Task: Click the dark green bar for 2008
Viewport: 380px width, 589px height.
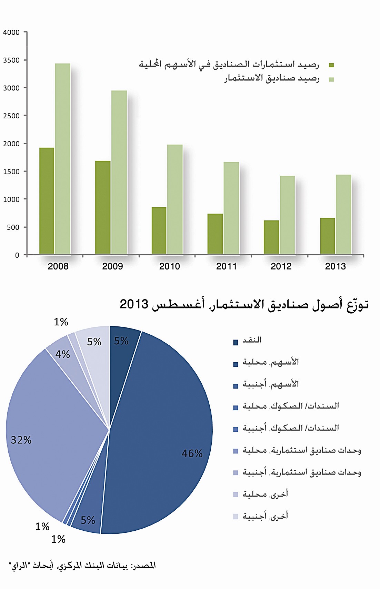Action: coord(47,201)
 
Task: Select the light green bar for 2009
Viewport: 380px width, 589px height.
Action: coord(119,173)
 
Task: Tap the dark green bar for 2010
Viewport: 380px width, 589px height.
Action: coord(159,231)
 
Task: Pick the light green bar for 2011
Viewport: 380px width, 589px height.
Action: coord(231,208)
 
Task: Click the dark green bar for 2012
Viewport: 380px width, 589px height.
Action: coord(271,237)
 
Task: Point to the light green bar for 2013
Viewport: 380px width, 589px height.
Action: coord(343,215)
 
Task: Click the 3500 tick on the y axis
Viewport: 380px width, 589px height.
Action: coord(11,60)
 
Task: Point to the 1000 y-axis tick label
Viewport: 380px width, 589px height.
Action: coord(11,199)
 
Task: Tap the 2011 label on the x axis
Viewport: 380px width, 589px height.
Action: coord(226,266)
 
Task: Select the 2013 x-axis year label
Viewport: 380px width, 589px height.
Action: coord(335,266)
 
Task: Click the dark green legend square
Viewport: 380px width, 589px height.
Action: coord(331,65)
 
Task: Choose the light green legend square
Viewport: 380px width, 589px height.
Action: coord(331,79)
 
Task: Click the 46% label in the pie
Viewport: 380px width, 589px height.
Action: coord(192,453)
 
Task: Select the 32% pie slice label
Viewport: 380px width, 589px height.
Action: coord(21,440)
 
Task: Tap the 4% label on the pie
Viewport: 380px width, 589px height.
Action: coord(62,354)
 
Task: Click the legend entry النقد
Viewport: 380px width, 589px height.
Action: coord(252,340)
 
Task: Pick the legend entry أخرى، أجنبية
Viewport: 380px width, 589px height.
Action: coord(265,516)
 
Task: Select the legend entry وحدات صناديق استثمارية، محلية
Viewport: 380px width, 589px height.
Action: coord(302,450)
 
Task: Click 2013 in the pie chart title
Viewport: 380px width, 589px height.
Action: coord(134,304)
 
